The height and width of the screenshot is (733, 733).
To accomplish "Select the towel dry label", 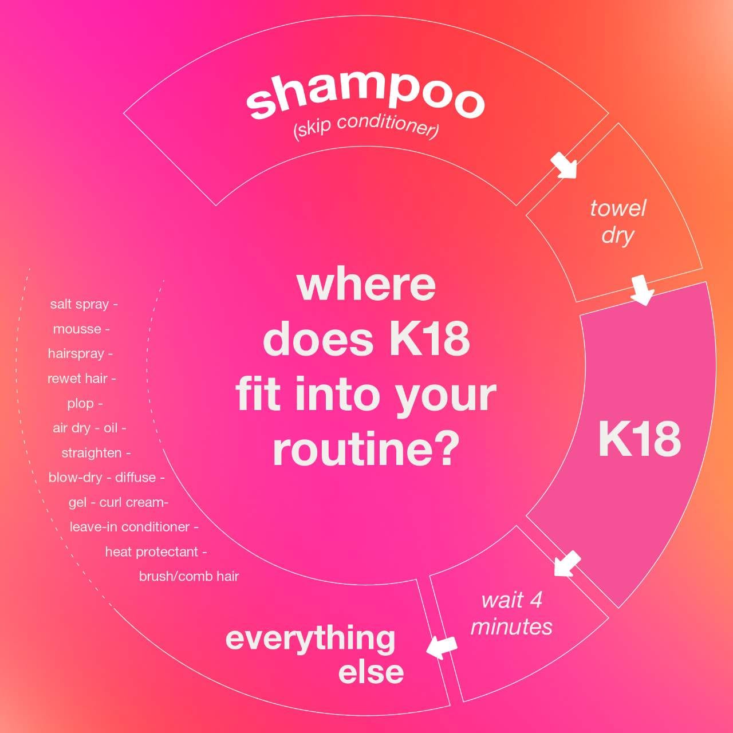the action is [x=618, y=222].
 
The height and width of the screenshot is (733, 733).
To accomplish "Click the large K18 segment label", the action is [x=640, y=439].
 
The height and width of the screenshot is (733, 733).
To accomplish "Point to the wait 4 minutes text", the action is [x=511, y=613].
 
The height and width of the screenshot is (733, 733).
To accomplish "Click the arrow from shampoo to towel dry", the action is [x=564, y=165].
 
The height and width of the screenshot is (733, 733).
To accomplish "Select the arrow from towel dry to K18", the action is [x=643, y=290].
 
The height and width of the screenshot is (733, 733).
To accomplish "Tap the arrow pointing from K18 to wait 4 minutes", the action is [x=567, y=563].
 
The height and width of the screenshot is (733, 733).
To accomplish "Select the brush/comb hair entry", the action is [x=188, y=577].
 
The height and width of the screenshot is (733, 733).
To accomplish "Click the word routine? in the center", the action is [x=364, y=450].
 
